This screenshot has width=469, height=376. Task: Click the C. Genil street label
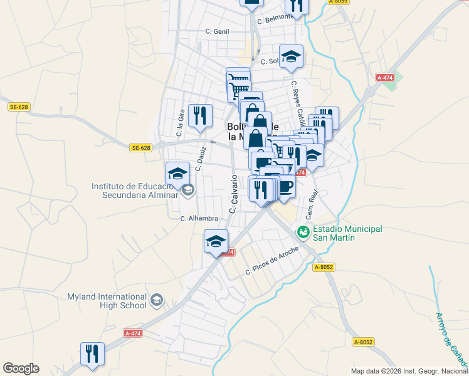217,31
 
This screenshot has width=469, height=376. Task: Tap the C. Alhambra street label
199,219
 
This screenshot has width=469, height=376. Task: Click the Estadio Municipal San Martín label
344,233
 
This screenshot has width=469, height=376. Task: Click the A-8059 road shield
338,2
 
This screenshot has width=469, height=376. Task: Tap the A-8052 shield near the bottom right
364,342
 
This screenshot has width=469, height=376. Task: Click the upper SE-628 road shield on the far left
19,107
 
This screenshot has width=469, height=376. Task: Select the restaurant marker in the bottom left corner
92,353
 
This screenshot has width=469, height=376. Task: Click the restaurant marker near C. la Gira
200,115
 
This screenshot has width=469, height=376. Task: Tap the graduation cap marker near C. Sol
291,56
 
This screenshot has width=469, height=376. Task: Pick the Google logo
21,368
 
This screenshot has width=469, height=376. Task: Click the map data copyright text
409,371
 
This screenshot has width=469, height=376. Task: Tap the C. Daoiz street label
201,159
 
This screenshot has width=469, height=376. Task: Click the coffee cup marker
285,185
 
